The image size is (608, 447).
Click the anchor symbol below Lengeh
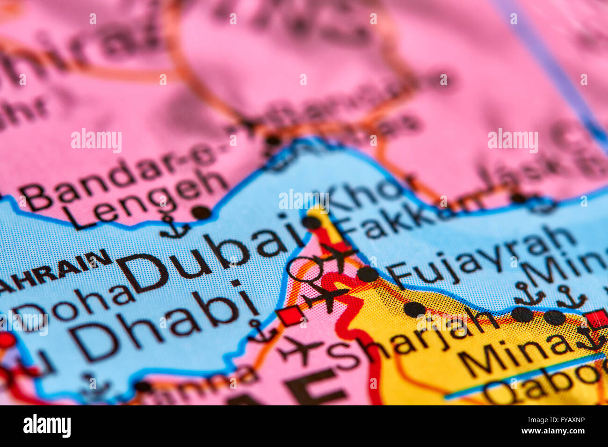pyautogui.click(x=174, y=227)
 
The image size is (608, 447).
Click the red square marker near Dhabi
pyautogui.click(x=290, y=316)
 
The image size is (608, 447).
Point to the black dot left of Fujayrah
pyautogui.click(x=368, y=274)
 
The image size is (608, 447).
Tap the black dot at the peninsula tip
pyautogui.click(x=311, y=222)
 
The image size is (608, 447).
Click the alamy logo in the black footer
pyautogui.click(x=47, y=426)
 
